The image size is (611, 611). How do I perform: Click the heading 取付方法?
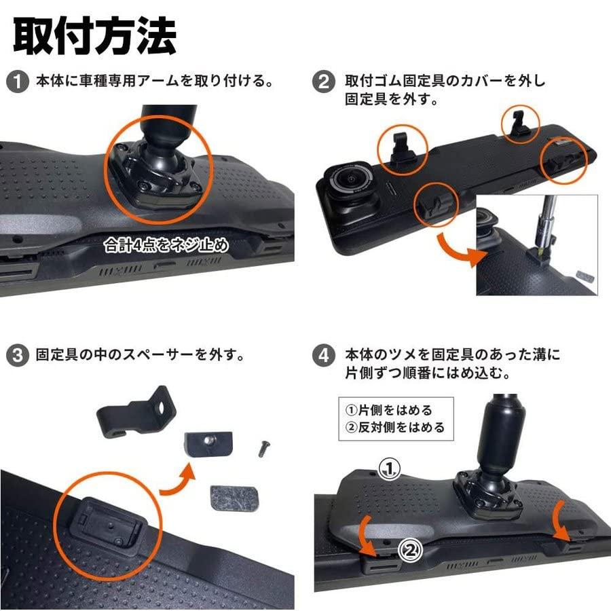point(94,35)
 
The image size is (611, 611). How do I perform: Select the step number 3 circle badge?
point(16,355)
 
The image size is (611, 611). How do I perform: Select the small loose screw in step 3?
point(262,448)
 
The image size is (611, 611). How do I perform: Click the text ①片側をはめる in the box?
point(388,411)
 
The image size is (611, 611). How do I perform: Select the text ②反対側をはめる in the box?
point(394,428)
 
